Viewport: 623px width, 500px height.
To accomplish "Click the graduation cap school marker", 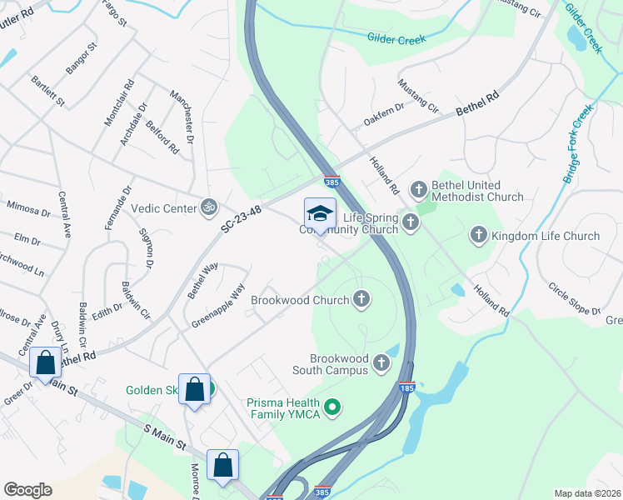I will click(320, 214).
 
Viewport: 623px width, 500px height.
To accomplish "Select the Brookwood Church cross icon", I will click(361, 299).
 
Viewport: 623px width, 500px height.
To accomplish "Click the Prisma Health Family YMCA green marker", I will click(332, 407).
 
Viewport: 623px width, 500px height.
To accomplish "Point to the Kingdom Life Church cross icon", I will click(479, 236).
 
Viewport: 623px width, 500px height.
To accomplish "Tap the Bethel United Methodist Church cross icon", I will click(418, 191).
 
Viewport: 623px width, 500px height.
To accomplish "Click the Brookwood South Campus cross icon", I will click(381, 362).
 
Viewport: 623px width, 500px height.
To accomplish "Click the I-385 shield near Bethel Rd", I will click(331, 180).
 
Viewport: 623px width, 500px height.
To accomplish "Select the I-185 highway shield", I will click(406, 388).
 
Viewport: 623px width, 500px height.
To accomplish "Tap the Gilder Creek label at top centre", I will click(396, 38).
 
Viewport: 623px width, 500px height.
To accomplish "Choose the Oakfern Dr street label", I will click(383, 115).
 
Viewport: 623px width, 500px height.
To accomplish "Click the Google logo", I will click(27, 490).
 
